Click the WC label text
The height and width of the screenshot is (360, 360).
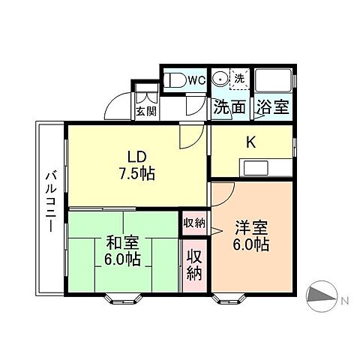click(x=196, y=79)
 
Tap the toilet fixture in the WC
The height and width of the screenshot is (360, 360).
click(x=175, y=80)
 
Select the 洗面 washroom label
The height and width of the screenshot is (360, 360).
click(x=229, y=107)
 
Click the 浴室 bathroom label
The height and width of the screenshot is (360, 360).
click(x=271, y=107)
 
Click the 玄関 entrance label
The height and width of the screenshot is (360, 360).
click(x=145, y=112)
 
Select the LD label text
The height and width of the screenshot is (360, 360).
click(x=136, y=157)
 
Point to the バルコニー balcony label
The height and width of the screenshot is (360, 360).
click(x=51, y=201)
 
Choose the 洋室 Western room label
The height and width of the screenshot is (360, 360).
click(x=251, y=228)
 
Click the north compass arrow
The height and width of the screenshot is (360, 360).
click(x=324, y=296)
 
